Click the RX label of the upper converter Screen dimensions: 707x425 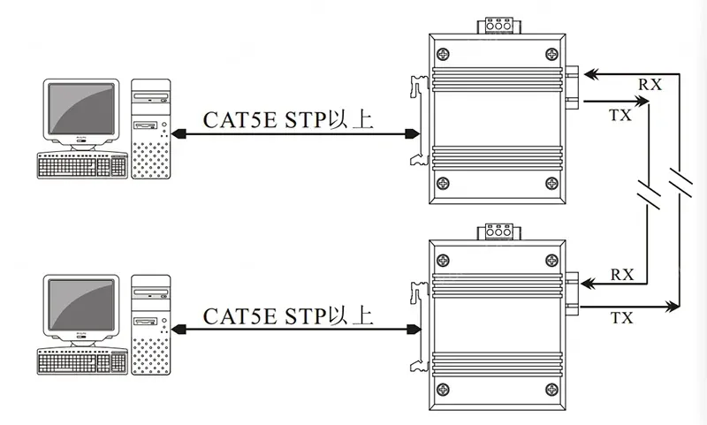(650, 84)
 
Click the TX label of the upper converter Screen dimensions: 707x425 (621, 116)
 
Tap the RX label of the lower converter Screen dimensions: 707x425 (622, 275)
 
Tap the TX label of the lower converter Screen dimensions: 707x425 (622, 318)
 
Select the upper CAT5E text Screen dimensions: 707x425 (239, 120)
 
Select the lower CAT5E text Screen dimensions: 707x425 (239, 316)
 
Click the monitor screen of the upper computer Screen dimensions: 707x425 (81, 109)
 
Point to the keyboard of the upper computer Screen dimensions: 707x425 (82, 165)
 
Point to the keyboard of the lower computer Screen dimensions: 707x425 (82, 361)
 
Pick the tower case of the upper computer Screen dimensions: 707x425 (151, 129)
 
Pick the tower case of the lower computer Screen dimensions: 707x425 (151, 325)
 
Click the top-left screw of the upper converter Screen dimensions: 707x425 (444, 55)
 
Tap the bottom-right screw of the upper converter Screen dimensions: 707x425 (551, 184)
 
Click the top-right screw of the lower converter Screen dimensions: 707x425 (551, 261)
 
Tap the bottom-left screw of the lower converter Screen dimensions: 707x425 (444, 390)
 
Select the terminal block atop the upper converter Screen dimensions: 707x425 (498, 26)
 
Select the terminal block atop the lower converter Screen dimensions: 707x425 (498, 231)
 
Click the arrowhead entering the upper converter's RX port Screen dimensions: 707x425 (591, 73)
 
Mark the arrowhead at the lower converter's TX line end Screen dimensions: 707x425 (672, 307)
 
